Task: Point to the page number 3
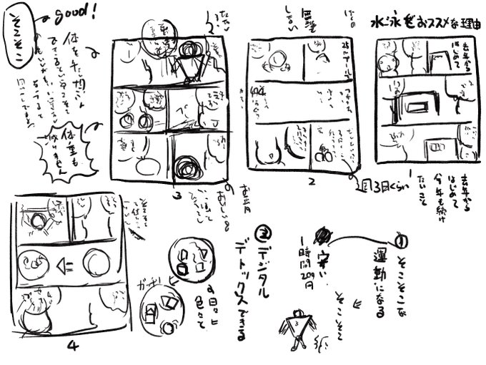(175, 194)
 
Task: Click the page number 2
(312, 181)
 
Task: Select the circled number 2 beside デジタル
(262, 235)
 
